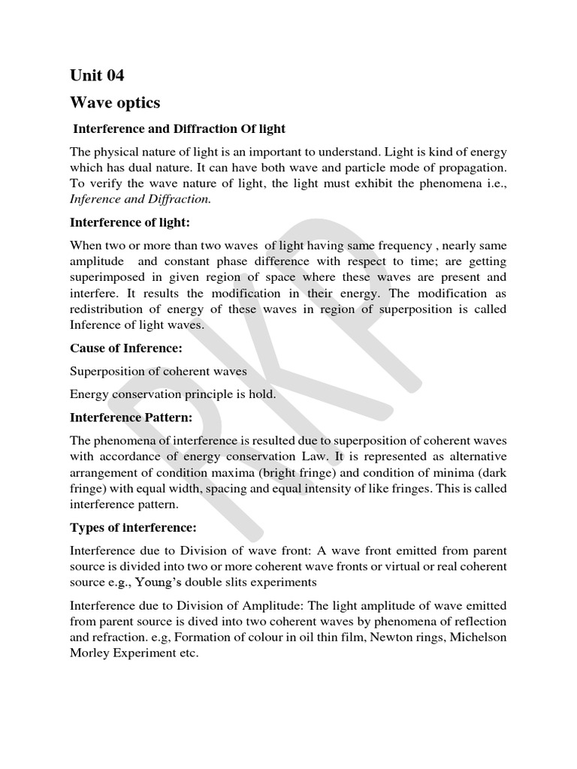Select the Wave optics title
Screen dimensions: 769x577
point(115,102)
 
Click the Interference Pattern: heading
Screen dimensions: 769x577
point(131,416)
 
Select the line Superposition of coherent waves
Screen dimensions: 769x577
point(159,371)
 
